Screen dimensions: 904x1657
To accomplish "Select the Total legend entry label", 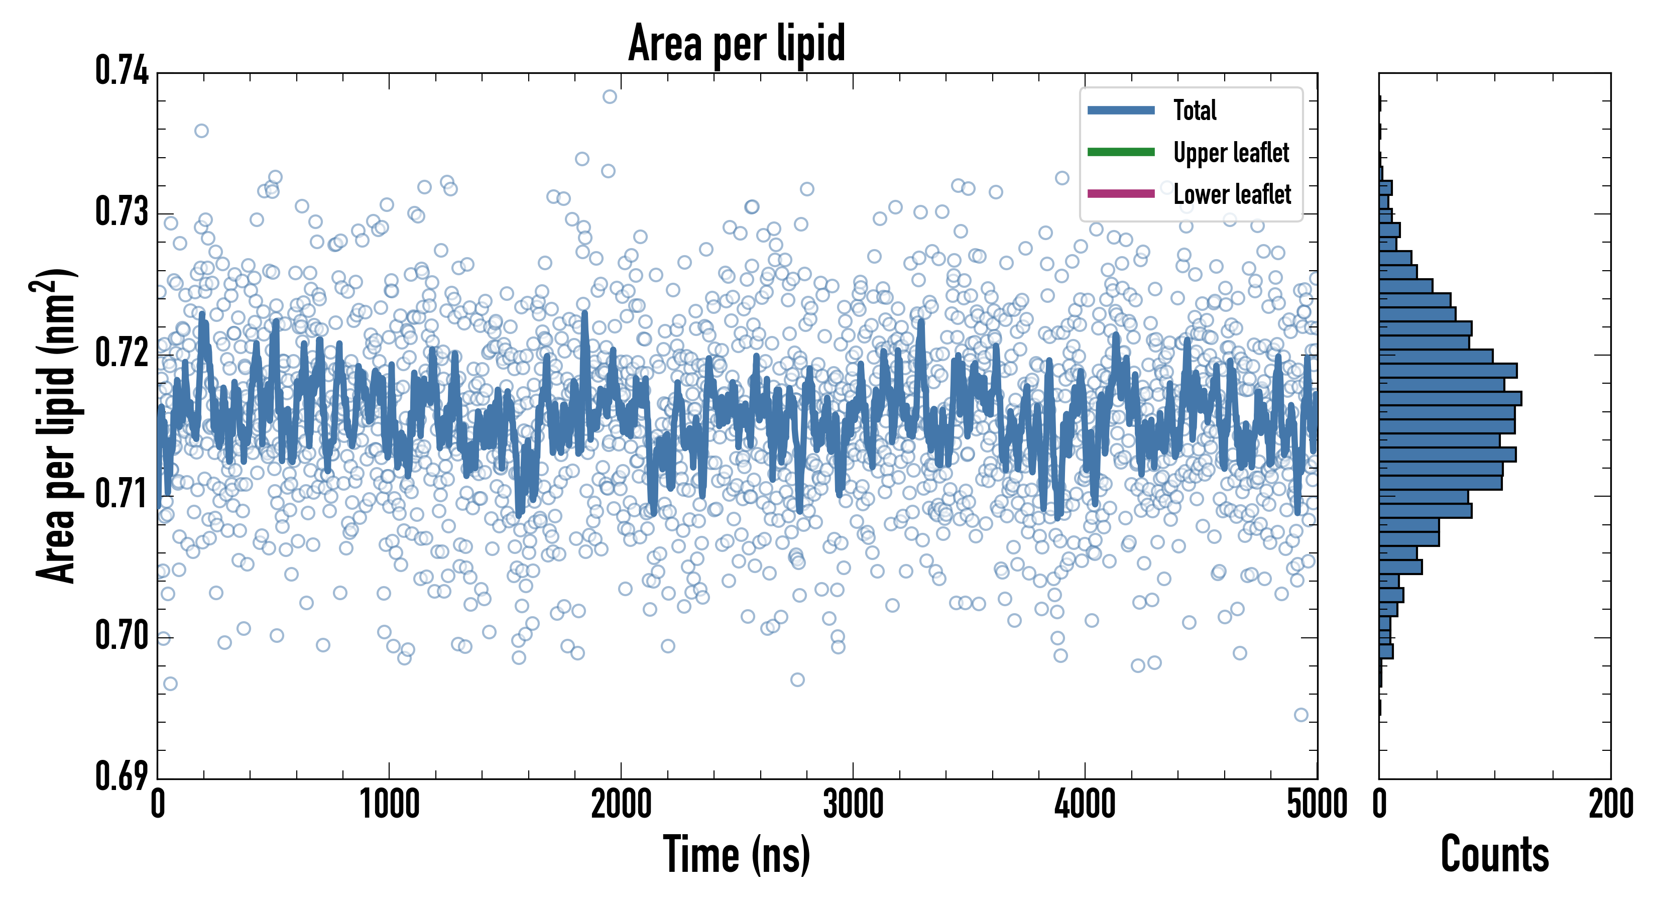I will (1195, 110).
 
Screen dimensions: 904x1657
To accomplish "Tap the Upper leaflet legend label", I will (1231, 153).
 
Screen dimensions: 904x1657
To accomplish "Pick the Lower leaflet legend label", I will (1232, 194).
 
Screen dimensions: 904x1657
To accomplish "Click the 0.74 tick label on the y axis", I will (122, 71).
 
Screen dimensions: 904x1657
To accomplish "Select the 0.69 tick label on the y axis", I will (122, 776).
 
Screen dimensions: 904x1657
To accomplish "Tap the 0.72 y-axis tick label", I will (122, 353).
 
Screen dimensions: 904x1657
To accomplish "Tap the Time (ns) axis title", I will (737, 854).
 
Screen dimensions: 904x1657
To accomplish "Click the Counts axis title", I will (1494, 854).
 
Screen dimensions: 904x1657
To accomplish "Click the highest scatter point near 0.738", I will (610, 96).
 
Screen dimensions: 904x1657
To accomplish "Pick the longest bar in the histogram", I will (1450, 398).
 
